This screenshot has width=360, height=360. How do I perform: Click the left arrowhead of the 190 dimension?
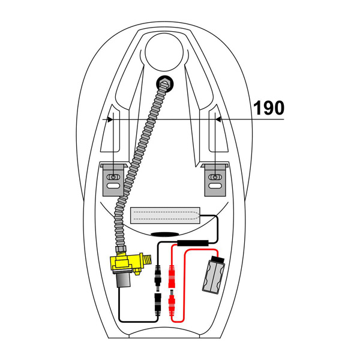click(110, 120)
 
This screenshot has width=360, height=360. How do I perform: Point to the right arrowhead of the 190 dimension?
click(218, 120)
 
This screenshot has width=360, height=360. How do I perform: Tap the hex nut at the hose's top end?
click(163, 84)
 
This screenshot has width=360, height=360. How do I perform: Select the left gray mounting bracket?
click(113, 179)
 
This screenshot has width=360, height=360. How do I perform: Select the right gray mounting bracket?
click(215, 179)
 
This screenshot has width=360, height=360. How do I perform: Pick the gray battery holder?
click(215, 275)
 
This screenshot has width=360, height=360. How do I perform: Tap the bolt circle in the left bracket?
click(113, 176)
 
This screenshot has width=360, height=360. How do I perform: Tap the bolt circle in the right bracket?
click(215, 176)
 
